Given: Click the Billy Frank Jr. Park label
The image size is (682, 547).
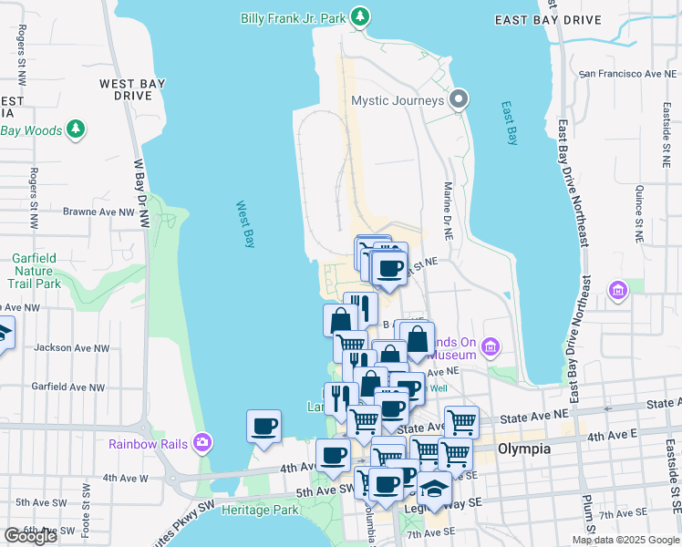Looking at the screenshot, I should [x=294, y=17].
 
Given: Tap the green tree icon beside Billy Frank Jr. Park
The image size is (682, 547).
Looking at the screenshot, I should [x=361, y=16].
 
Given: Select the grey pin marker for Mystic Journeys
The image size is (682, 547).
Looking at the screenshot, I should [x=460, y=99].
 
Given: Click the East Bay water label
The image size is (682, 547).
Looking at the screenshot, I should [x=509, y=122].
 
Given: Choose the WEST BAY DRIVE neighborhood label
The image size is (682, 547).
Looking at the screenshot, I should [x=132, y=89].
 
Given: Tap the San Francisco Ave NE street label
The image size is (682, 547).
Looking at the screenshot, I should [x=623, y=72].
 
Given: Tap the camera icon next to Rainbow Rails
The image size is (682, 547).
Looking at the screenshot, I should [x=201, y=444].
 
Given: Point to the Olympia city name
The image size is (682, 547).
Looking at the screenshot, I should [x=524, y=449].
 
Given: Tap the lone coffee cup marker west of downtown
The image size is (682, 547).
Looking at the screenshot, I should [x=263, y=427].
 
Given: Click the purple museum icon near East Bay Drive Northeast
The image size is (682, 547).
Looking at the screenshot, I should [x=618, y=290].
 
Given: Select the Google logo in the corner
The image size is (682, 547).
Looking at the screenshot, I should [x=30, y=535].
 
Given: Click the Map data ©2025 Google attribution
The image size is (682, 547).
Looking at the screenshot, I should [x=625, y=540].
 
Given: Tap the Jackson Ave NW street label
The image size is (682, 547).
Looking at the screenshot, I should [x=71, y=348].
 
